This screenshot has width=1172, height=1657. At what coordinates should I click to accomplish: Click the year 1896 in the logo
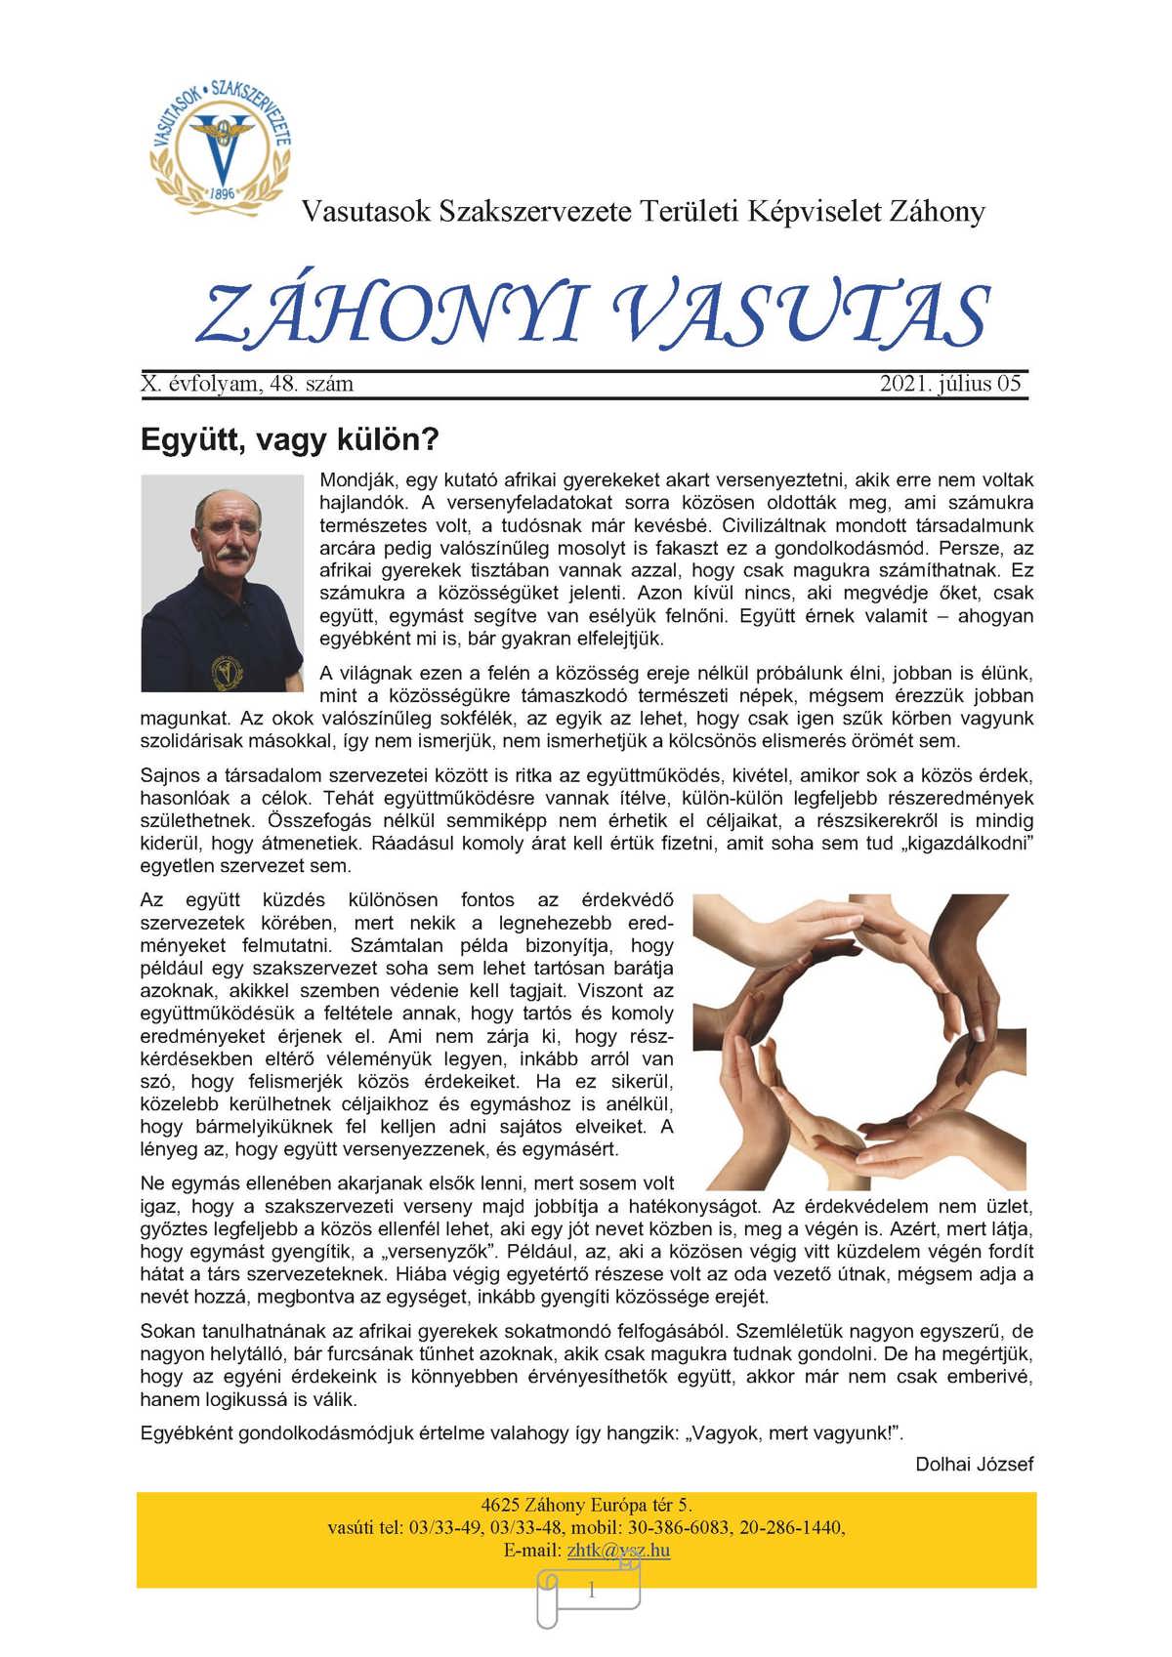click(223, 192)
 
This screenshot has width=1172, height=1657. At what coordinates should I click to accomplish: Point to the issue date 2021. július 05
click(949, 384)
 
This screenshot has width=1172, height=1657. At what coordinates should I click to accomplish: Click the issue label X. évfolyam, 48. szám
click(247, 384)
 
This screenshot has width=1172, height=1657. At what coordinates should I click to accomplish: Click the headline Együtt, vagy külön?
click(290, 439)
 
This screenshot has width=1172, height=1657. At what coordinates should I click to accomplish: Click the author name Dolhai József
click(974, 1464)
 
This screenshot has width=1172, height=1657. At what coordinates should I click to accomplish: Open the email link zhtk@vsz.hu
click(617, 1550)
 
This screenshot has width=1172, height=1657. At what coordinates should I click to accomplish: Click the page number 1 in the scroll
click(590, 1591)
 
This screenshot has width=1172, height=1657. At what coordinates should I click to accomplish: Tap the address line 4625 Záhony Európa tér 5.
click(586, 1505)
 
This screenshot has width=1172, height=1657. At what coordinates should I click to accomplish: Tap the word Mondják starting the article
click(354, 480)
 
